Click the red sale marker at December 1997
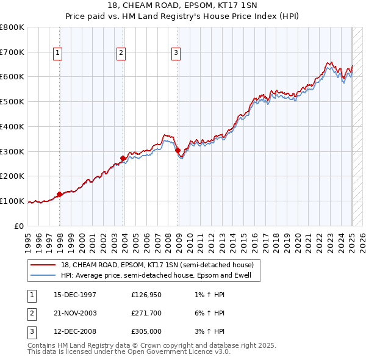pyautogui.click(x=59, y=195)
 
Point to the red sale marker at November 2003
pyautogui.click(x=123, y=159)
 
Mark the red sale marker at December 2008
pyautogui.click(x=178, y=150)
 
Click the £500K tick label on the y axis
pyautogui.click(x=12, y=101)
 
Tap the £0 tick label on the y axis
pyautogui.click(x=20, y=226)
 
